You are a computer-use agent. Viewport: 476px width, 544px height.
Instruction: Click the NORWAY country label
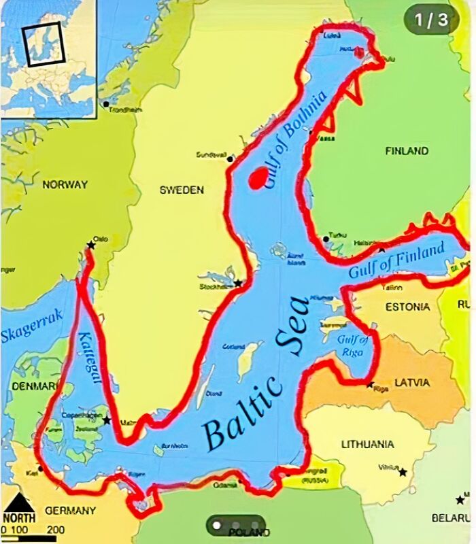(x=65, y=184)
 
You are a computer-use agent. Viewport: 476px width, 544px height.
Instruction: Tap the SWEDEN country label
(x=182, y=190)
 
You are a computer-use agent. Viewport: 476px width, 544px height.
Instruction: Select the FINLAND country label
(x=407, y=151)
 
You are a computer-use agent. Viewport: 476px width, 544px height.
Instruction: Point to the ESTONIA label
(x=407, y=307)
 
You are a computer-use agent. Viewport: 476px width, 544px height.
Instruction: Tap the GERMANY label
(x=70, y=510)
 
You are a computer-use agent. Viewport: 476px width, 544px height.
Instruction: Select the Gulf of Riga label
(x=352, y=345)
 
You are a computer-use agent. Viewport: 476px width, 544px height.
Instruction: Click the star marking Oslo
(x=90, y=245)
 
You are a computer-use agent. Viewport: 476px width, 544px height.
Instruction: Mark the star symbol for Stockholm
(x=238, y=283)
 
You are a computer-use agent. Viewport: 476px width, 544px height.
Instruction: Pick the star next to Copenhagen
(x=107, y=420)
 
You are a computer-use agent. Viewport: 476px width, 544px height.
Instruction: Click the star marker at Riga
(x=370, y=385)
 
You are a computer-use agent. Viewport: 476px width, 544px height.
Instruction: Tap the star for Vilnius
(x=403, y=472)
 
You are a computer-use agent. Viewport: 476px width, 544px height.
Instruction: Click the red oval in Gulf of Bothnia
(x=258, y=178)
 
